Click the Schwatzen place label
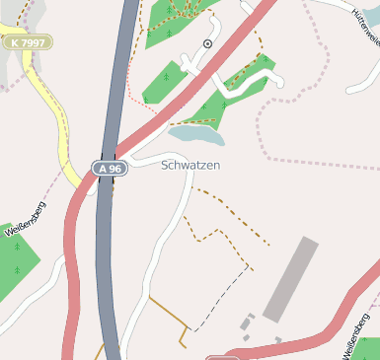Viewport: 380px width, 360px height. point(190,166)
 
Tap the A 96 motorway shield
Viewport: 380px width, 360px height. point(109,169)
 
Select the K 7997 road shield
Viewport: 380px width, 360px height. point(27,42)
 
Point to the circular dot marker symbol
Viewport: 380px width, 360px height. point(207,44)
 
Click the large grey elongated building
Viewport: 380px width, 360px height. point(291,277)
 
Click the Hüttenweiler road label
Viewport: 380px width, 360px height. point(365,25)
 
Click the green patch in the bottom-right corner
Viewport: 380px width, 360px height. point(367,350)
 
